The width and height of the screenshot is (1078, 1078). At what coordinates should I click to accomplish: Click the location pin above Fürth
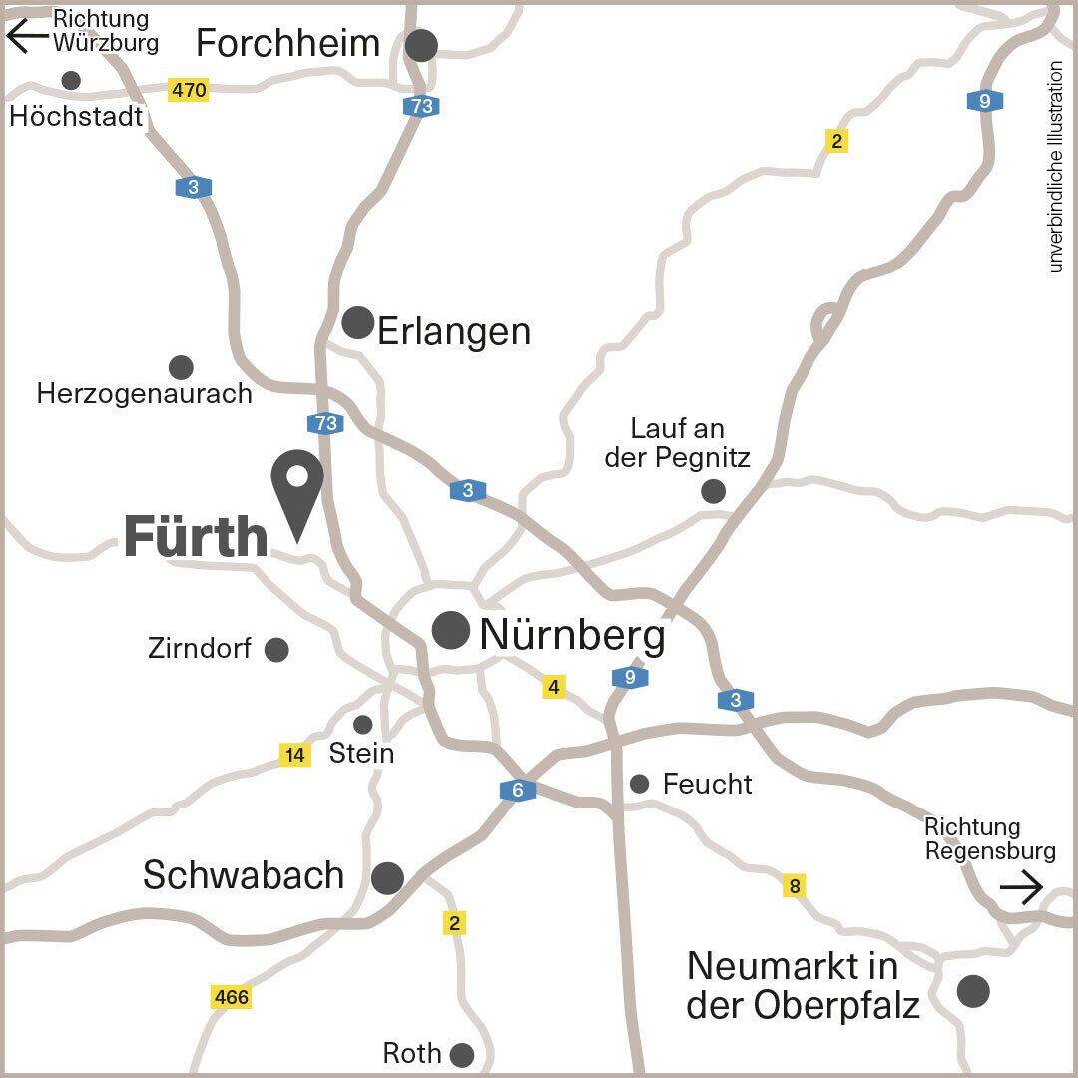(297, 489)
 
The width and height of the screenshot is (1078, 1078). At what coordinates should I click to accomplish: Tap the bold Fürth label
(196, 538)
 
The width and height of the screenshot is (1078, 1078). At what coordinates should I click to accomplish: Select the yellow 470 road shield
(188, 90)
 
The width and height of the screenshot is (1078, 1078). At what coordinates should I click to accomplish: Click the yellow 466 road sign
(231, 996)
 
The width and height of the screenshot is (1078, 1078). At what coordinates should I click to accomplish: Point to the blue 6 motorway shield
(518, 791)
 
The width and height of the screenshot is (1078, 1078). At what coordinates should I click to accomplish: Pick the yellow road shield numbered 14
(294, 755)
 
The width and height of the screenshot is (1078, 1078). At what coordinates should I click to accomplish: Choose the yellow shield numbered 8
(795, 886)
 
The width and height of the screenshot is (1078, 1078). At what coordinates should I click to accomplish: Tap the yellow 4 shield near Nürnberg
(554, 687)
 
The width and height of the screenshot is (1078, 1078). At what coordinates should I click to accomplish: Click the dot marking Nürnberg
(451, 631)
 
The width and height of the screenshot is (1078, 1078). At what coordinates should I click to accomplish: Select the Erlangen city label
(453, 331)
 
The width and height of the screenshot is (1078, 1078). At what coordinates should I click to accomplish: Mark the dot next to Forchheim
(422, 45)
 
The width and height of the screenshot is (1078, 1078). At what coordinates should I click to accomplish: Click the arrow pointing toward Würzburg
(27, 37)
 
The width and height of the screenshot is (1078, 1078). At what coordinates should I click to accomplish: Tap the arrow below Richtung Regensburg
(1021, 886)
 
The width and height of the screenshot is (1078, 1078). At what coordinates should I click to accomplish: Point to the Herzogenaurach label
(144, 393)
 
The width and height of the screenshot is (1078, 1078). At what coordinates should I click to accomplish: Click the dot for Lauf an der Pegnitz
(713, 491)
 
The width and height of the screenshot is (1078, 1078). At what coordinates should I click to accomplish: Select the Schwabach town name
(244, 875)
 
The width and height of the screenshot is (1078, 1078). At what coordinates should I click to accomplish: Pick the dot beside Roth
(462, 1054)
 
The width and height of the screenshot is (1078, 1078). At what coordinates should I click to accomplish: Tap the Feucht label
(707, 784)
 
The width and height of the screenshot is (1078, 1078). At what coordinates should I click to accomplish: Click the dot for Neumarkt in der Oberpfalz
(973, 990)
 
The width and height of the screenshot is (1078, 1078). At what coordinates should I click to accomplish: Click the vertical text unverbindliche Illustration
(1056, 168)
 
